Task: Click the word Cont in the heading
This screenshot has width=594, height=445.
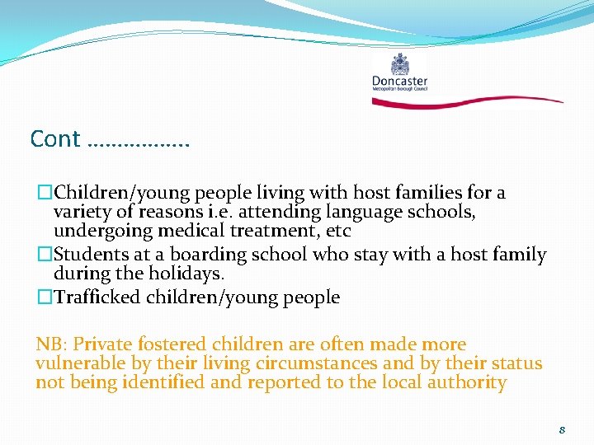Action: (54, 138)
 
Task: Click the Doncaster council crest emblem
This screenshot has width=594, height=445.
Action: (400, 64)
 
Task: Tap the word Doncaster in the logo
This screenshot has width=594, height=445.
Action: (399, 81)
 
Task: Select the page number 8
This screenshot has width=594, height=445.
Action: (562, 429)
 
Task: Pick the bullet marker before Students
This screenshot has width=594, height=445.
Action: (44, 255)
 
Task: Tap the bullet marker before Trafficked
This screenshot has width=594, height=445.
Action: (44, 297)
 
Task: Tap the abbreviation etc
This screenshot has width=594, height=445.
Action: (337, 230)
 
